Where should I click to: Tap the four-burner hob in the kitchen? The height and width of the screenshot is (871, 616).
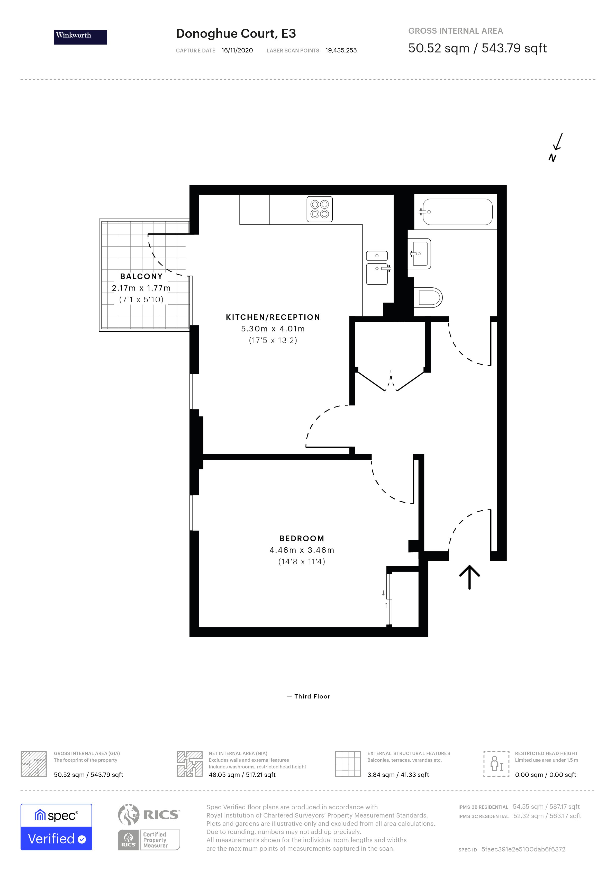[319, 209]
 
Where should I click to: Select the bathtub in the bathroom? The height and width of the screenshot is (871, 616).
[457, 212]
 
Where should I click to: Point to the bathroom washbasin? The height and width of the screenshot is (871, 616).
[420, 253]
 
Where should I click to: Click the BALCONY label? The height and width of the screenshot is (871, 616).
[141, 276]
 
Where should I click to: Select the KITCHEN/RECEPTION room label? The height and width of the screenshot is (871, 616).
[273, 317]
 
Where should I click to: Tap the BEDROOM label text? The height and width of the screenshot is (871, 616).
[302, 538]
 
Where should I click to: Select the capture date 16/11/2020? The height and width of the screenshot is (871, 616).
[237, 50]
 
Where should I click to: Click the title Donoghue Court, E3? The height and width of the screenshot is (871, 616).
[235, 34]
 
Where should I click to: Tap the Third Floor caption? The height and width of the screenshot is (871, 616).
[312, 696]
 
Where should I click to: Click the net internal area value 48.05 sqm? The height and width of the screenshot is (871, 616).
[225, 775]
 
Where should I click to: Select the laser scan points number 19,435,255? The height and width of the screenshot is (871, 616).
[341, 50]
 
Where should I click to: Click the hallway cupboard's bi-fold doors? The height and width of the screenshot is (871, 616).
[391, 381]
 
